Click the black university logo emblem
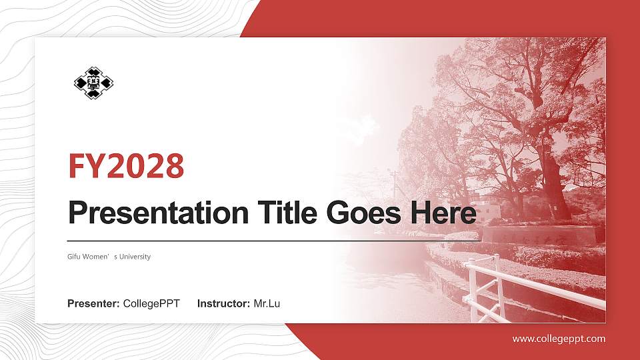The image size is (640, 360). (x=93, y=83)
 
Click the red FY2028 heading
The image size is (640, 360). (x=126, y=167)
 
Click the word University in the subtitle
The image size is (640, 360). (x=135, y=257)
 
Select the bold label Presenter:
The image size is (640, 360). (x=93, y=304)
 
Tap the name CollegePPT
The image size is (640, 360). (x=151, y=304)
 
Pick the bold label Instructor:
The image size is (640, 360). (x=224, y=304)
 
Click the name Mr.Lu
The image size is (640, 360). (x=267, y=304)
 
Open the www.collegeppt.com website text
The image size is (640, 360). (x=559, y=339)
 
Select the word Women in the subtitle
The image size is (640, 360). (x=99, y=257)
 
